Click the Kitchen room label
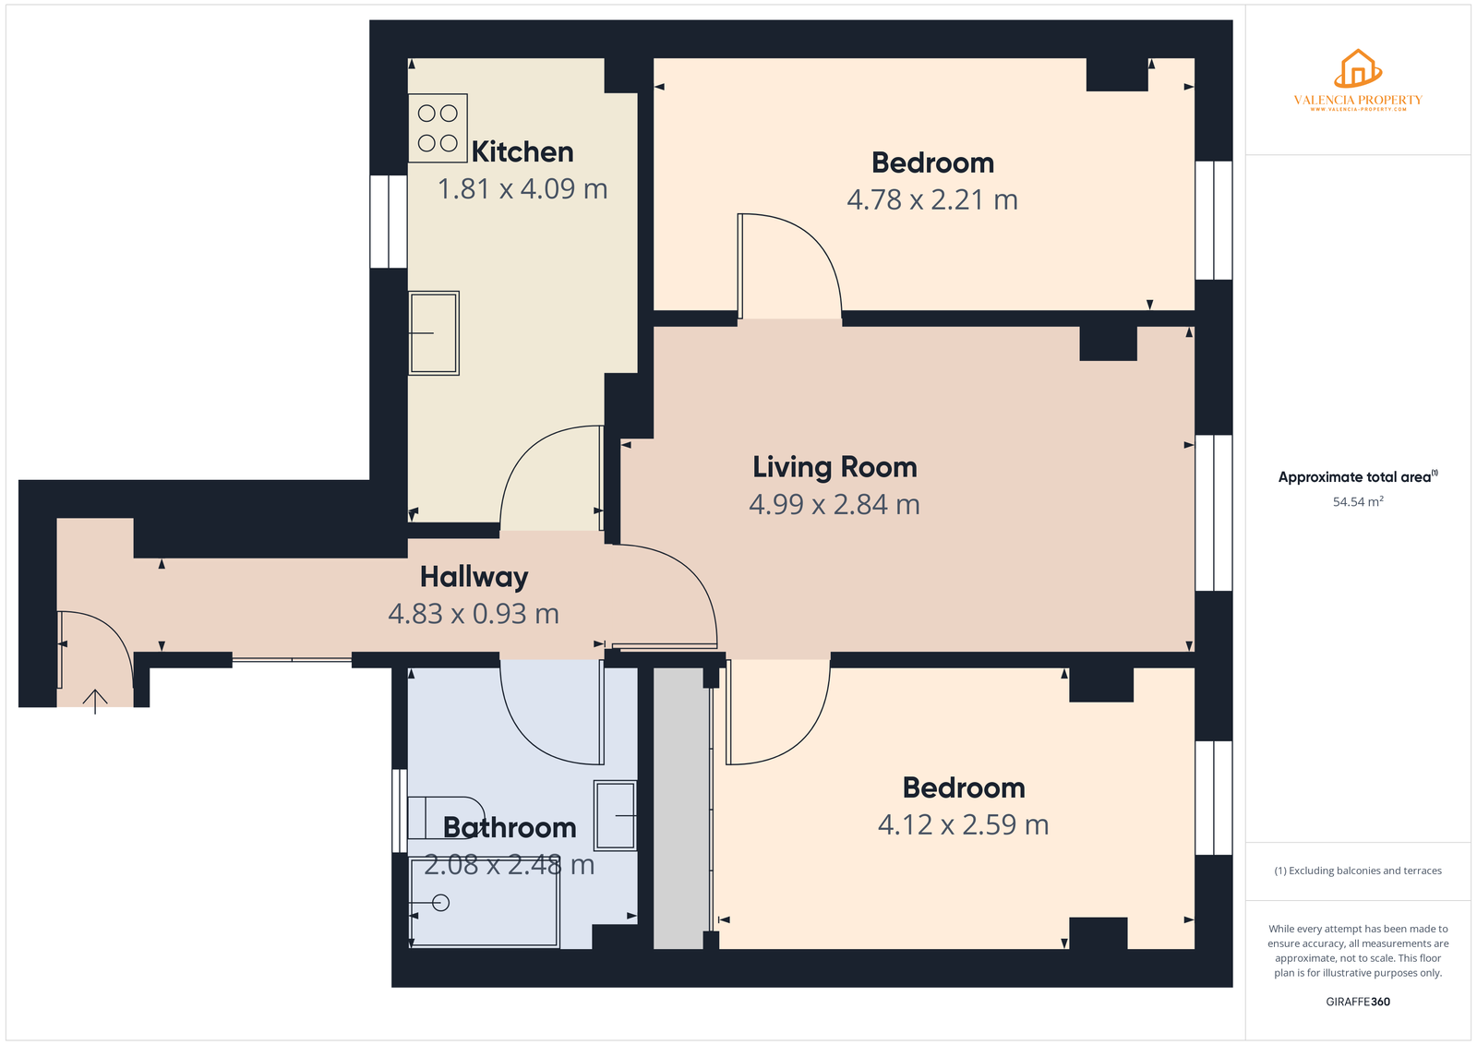(x=522, y=152)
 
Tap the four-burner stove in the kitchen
(x=438, y=128)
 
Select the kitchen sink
(x=433, y=333)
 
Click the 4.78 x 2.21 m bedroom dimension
(x=932, y=199)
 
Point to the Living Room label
(x=835, y=467)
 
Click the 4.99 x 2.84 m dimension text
(x=835, y=504)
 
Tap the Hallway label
(x=474, y=578)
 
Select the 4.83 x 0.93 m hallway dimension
(x=474, y=614)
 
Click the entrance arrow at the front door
(x=95, y=702)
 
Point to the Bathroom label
(x=510, y=827)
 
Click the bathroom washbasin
(x=615, y=815)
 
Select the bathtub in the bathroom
(x=484, y=903)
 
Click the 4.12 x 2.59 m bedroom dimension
(x=964, y=824)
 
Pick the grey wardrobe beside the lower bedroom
(x=678, y=809)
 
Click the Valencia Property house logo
(x=1358, y=68)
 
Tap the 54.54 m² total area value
(x=1358, y=502)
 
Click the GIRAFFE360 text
(x=1358, y=1002)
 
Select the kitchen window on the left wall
(x=389, y=222)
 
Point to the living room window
(x=1214, y=513)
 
